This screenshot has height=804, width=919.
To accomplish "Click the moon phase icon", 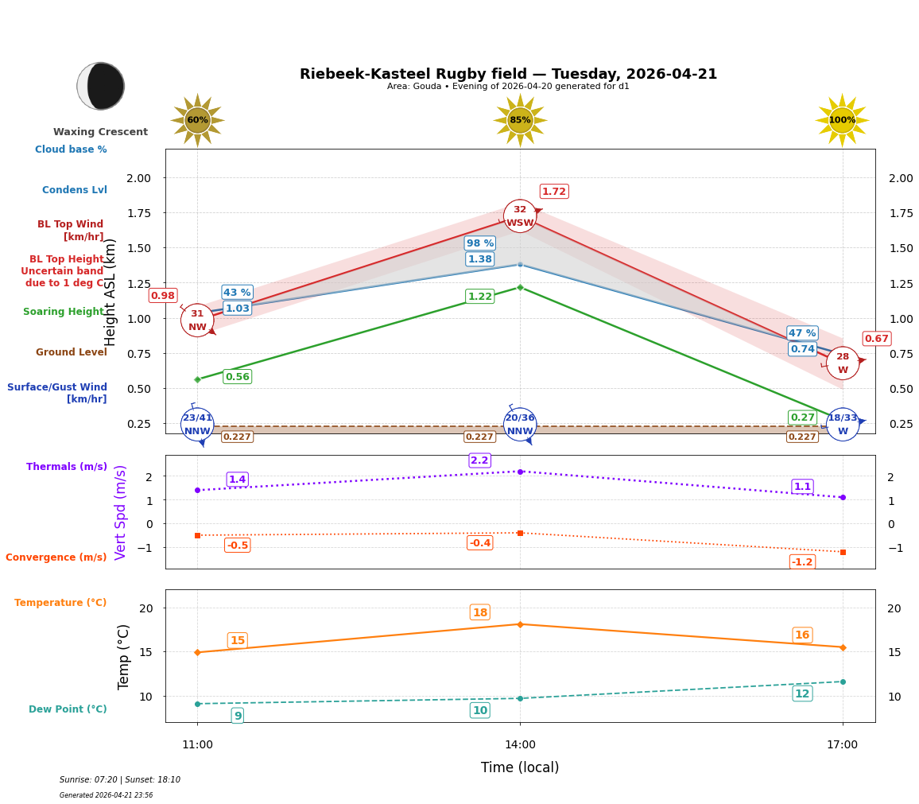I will [101, 86].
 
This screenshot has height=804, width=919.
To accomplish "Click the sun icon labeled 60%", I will [197, 120].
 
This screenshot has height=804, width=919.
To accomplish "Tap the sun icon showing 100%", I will [842, 120].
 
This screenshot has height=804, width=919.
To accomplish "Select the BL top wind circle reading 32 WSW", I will [520, 216].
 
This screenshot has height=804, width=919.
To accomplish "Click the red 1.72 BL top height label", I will [554, 192].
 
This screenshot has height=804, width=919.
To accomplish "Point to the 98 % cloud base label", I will [479, 243].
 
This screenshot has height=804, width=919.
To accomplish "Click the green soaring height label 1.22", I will [479, 297].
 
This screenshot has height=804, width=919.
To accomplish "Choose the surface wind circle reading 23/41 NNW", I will [197, 425].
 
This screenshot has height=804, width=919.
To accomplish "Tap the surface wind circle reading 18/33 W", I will [843, 425].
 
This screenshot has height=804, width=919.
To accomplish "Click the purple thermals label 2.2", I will [479, 460].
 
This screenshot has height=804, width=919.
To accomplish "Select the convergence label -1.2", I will [802, 562].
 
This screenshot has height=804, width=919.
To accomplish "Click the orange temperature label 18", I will [479, 612].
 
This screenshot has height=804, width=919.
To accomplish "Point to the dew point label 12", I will [802, 693].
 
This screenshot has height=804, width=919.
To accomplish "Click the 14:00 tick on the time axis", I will [520, 745].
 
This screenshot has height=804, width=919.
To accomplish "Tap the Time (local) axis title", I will [520, 767].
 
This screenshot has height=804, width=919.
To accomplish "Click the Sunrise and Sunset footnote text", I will [120, 780].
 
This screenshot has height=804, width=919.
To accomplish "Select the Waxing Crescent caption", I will [100, 132].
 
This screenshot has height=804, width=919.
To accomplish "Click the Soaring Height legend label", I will [64, 312].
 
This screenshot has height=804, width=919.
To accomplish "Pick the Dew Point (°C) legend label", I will [68, 709].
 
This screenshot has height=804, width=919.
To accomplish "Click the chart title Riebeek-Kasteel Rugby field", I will [508, 74].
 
